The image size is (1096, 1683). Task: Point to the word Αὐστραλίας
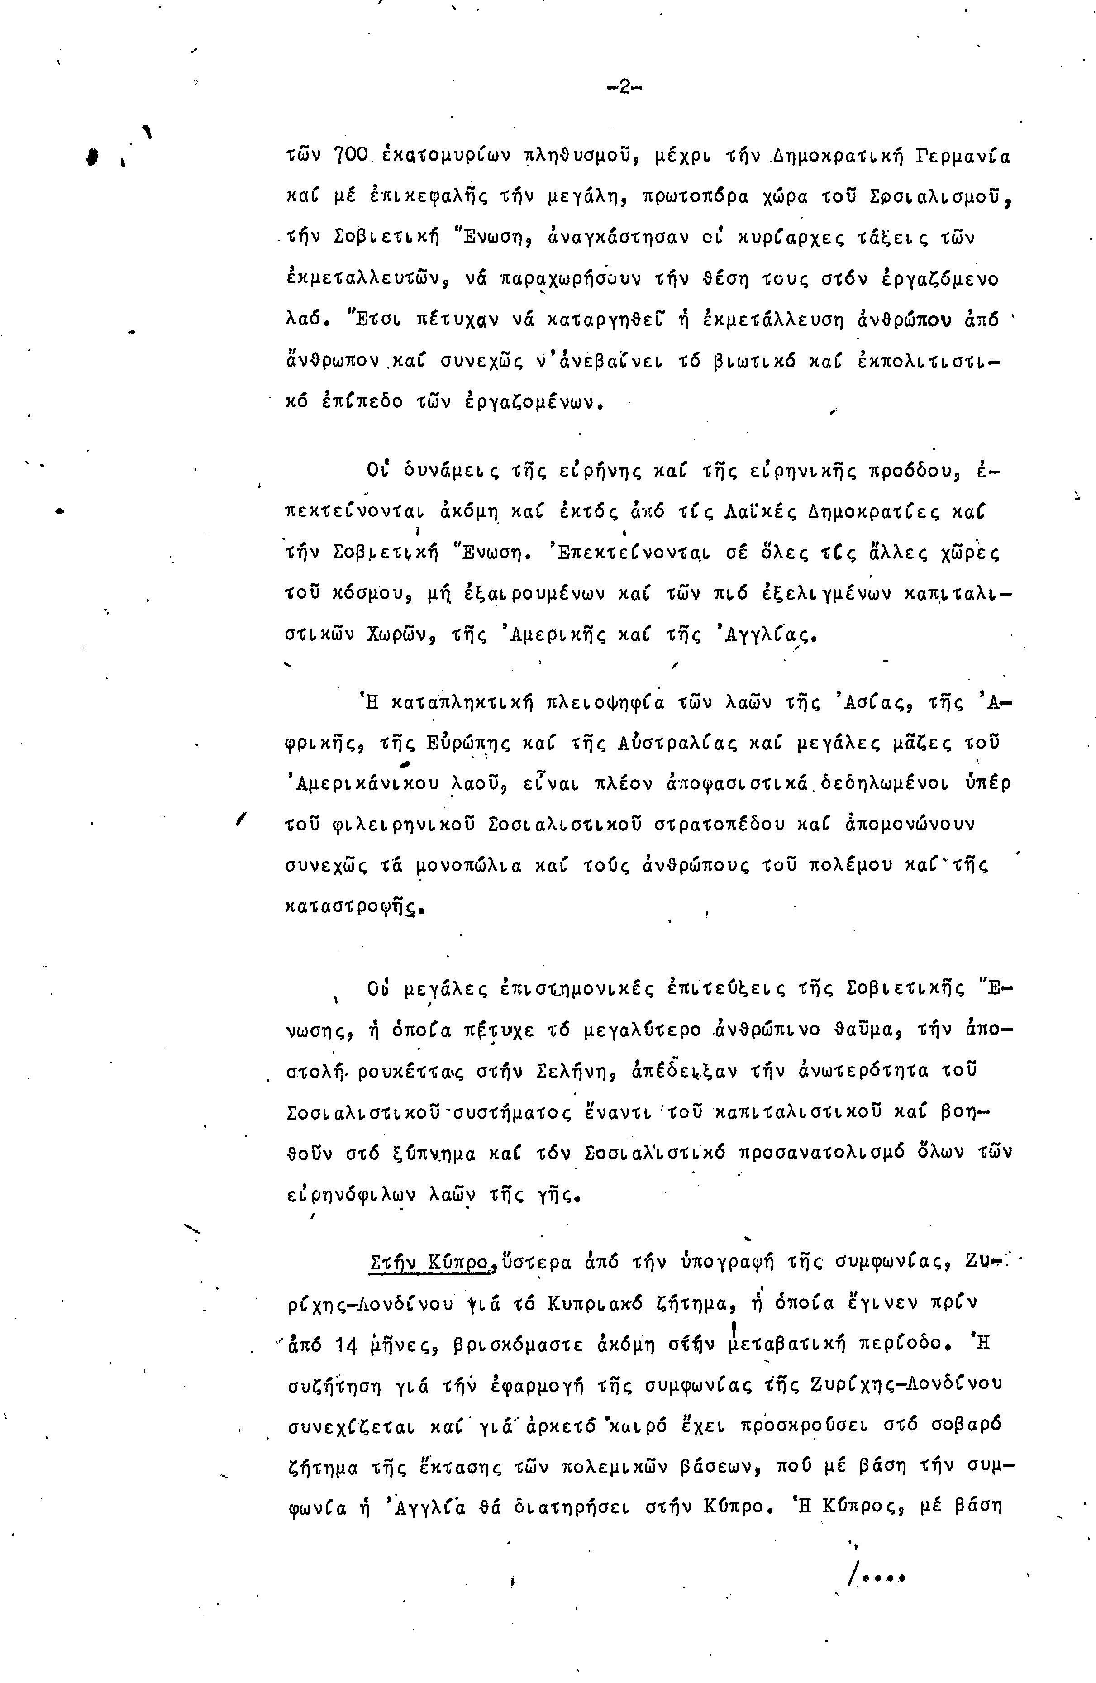653,744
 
